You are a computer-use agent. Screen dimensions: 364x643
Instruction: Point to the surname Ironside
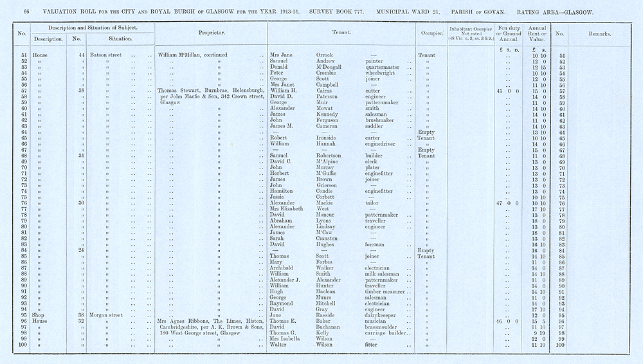[x=330, y=138]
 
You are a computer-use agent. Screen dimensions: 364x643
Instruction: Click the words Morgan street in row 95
[x=107, y=315]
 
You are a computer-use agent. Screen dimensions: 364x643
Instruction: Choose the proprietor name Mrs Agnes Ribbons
[x=186, y=321]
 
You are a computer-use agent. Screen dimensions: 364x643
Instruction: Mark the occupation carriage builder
[x=386, y=333]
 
